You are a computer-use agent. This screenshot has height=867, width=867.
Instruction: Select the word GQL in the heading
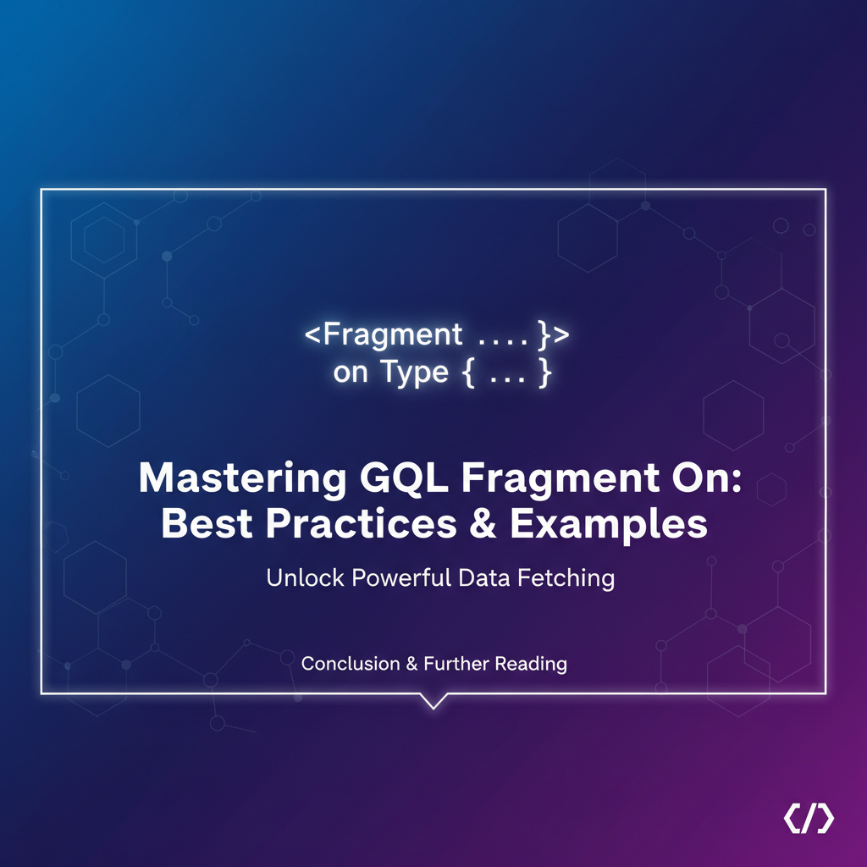tap(404, 478)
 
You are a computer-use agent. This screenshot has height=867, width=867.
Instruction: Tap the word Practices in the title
tap(361, 523)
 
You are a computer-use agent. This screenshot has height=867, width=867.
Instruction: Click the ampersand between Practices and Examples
tap(483, 523)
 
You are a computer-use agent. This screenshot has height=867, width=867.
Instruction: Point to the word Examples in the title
tap(608, 524)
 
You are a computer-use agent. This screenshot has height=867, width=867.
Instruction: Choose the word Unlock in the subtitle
tap(305, 577)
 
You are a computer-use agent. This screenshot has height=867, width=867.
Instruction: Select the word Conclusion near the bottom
tap(351, 664)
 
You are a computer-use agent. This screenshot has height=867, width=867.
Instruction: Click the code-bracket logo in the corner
tap(809, 819)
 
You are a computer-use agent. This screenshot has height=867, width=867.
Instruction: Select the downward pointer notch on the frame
tap(433, 701)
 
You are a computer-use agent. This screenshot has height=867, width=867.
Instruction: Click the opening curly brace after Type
tap(468, 373)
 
